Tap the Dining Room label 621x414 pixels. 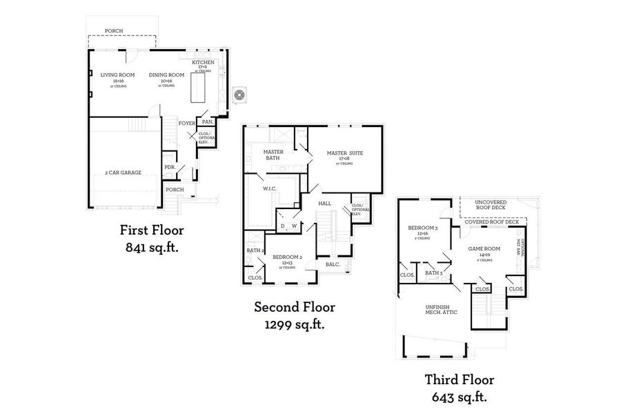[166, 75]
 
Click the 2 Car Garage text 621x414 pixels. [123, 172]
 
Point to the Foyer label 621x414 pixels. [186, 124]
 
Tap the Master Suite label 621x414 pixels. [346, 152]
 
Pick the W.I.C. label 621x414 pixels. [269, 188]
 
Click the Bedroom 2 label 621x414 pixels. [288, 257]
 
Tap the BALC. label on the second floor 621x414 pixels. [332, 264]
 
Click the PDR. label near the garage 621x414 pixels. [169, 167]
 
